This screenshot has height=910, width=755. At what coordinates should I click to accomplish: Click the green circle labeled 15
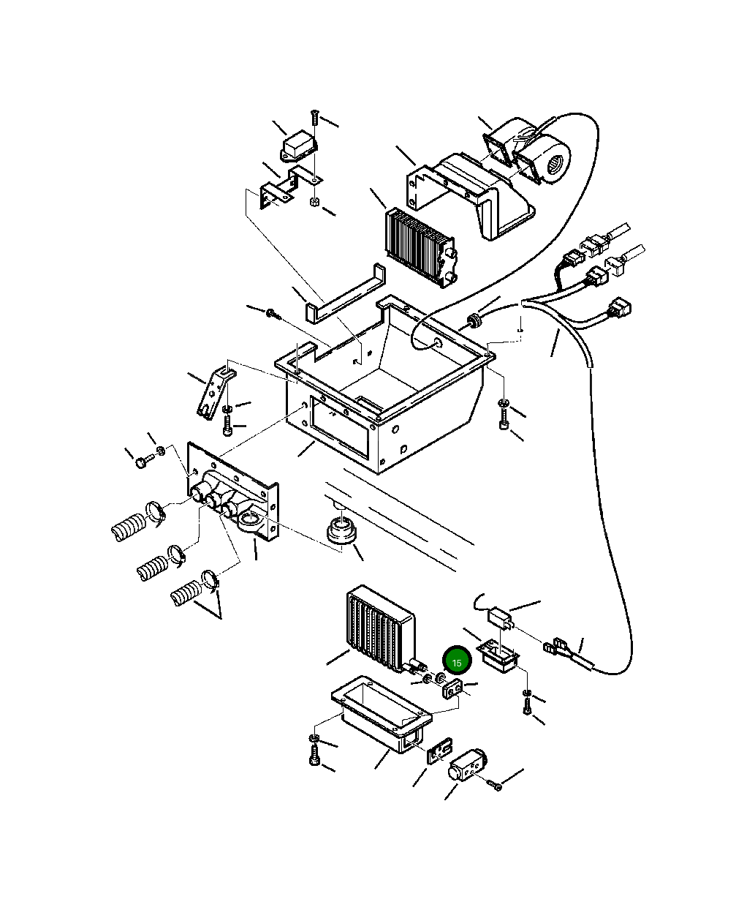point(457,662)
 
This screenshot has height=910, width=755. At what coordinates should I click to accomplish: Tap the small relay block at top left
point(298,146)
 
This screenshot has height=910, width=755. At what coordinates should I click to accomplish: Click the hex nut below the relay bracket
point(314,201)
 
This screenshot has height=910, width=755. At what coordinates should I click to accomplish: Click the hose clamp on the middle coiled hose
point(176,555)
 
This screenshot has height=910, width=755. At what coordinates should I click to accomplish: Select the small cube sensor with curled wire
point(500,618)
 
